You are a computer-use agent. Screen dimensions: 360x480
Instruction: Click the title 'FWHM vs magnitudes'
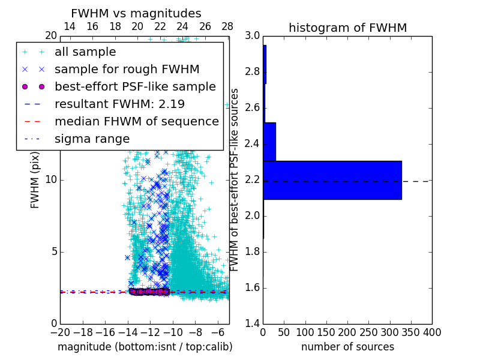point(136,13)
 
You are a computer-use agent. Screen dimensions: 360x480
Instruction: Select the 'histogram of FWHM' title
point(347,28)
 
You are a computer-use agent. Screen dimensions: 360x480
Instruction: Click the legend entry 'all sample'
point(85,52)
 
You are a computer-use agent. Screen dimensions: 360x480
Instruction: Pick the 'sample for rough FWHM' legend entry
point(127,70)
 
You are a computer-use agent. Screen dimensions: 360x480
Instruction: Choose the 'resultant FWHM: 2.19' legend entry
point(119,104)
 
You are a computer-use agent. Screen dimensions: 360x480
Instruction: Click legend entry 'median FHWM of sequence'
point(136,121)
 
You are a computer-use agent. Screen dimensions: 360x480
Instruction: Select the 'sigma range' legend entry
point(92,139)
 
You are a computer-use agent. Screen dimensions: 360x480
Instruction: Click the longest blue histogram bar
point(332,180)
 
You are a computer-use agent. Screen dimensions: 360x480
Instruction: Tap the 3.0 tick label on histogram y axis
point(253,36)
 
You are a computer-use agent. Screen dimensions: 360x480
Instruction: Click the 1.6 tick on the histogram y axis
point(253,287)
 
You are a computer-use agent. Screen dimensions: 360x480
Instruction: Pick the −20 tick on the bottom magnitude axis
point(60,332)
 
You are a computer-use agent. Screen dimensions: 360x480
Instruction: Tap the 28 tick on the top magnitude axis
point(227,26)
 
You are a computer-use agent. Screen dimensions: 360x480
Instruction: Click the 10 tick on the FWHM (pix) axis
point(51,179)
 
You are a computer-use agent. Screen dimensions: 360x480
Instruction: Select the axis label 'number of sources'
point(347,347)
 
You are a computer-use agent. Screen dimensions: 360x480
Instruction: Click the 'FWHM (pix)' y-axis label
point(35,179)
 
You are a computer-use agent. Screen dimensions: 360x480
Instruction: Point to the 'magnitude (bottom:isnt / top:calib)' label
point(145,347)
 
